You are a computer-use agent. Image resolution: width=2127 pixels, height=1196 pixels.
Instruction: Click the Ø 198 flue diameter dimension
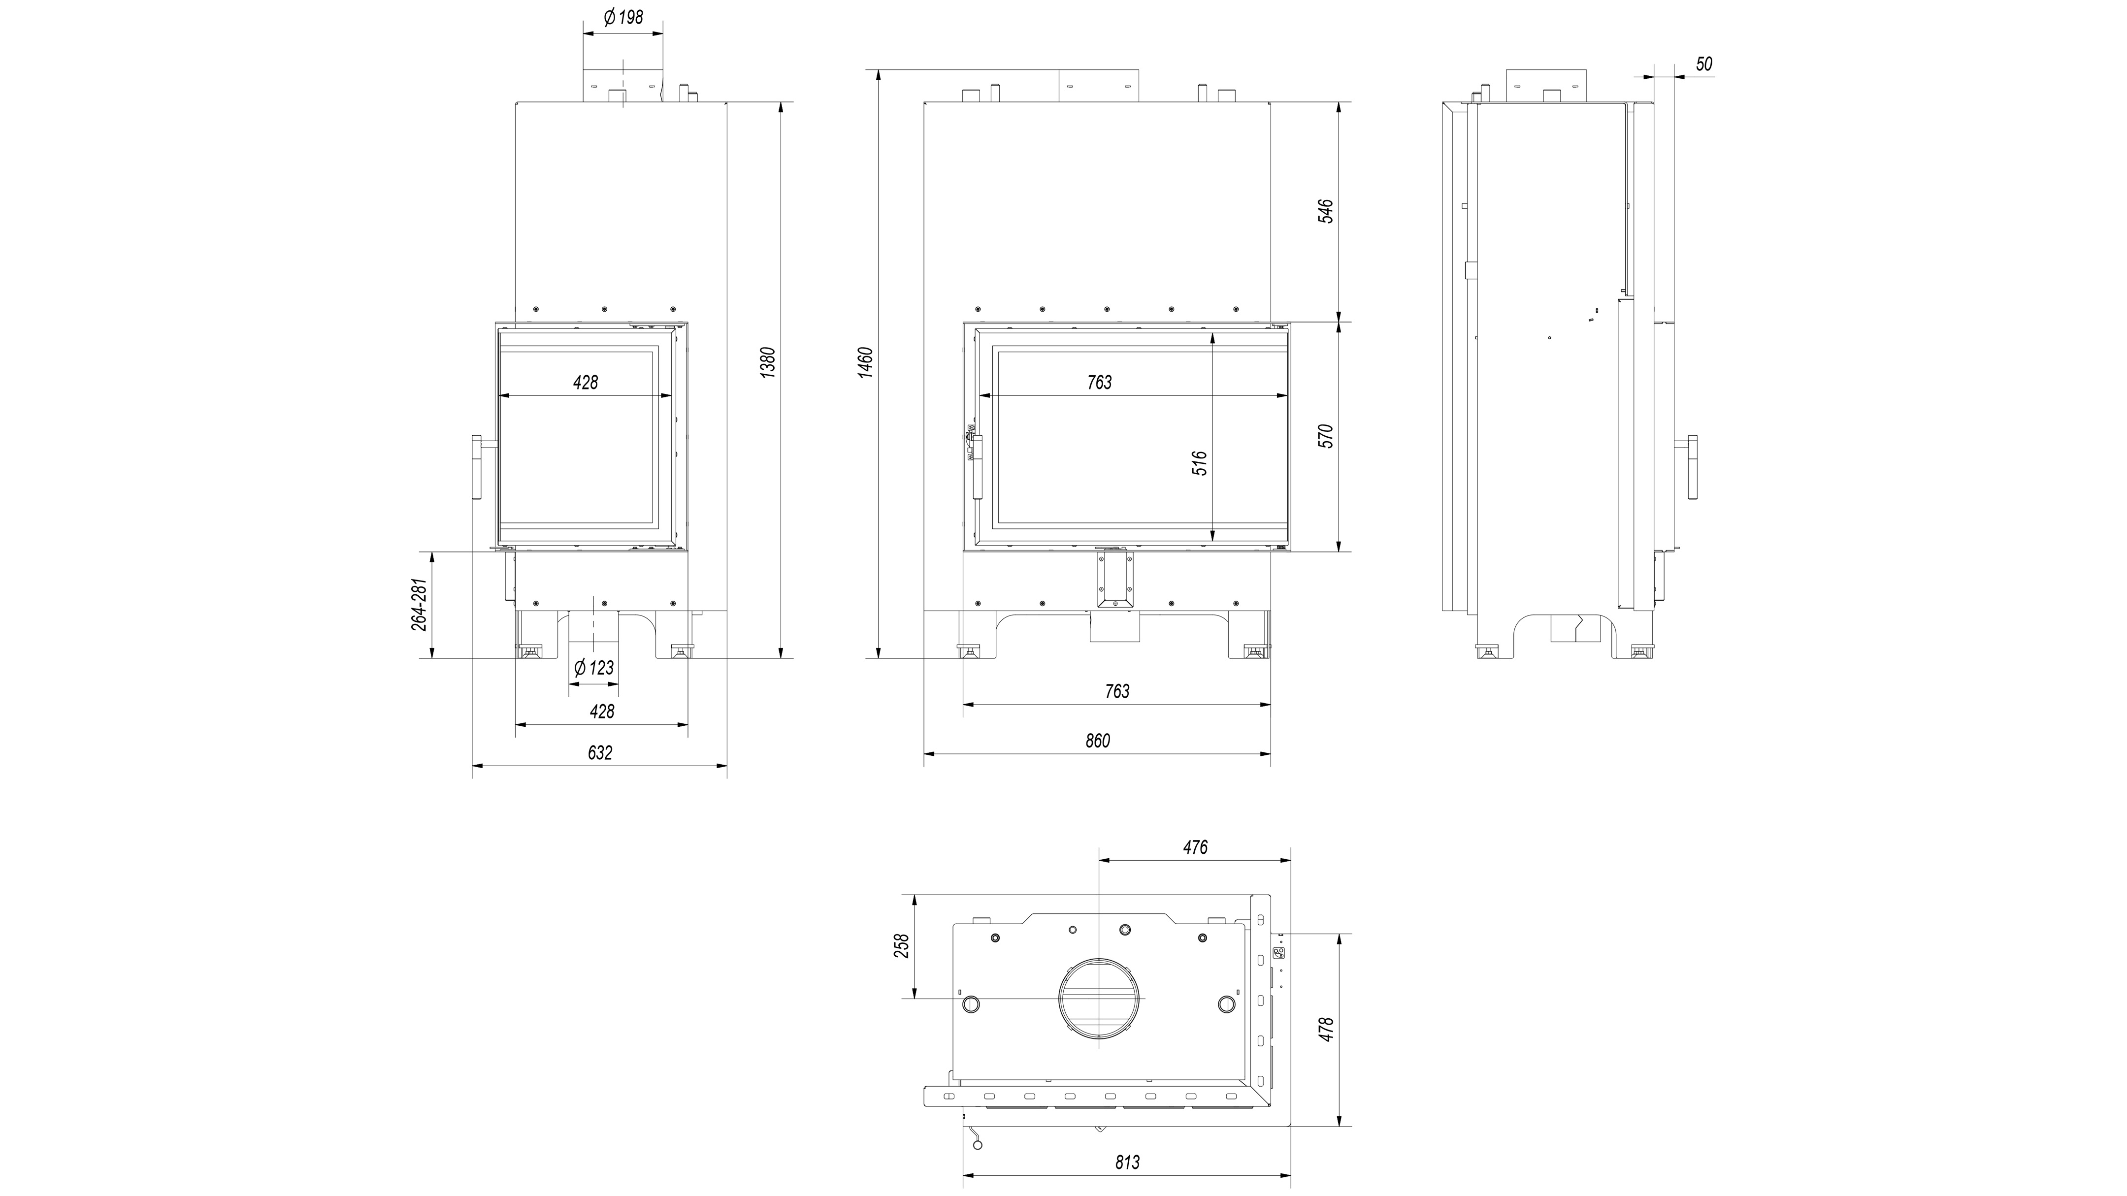click(x=623, y=17)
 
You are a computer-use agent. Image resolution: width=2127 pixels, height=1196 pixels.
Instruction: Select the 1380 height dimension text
click(x=768, y=363)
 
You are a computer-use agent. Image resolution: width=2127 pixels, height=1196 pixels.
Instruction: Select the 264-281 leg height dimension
click(x=420, y=605)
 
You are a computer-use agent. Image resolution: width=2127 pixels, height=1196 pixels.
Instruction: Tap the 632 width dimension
click(x=600, y=753)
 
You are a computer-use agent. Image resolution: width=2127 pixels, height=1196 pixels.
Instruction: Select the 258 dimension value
click(x=902, y=945)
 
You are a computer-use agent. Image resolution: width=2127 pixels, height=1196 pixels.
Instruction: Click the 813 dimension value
click(x=1127, y=1162)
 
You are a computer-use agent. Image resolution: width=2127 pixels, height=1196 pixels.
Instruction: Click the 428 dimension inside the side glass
click(x=586, y=382)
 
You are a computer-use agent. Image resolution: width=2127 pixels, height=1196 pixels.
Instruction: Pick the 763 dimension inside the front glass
click(x=1100, y=382)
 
